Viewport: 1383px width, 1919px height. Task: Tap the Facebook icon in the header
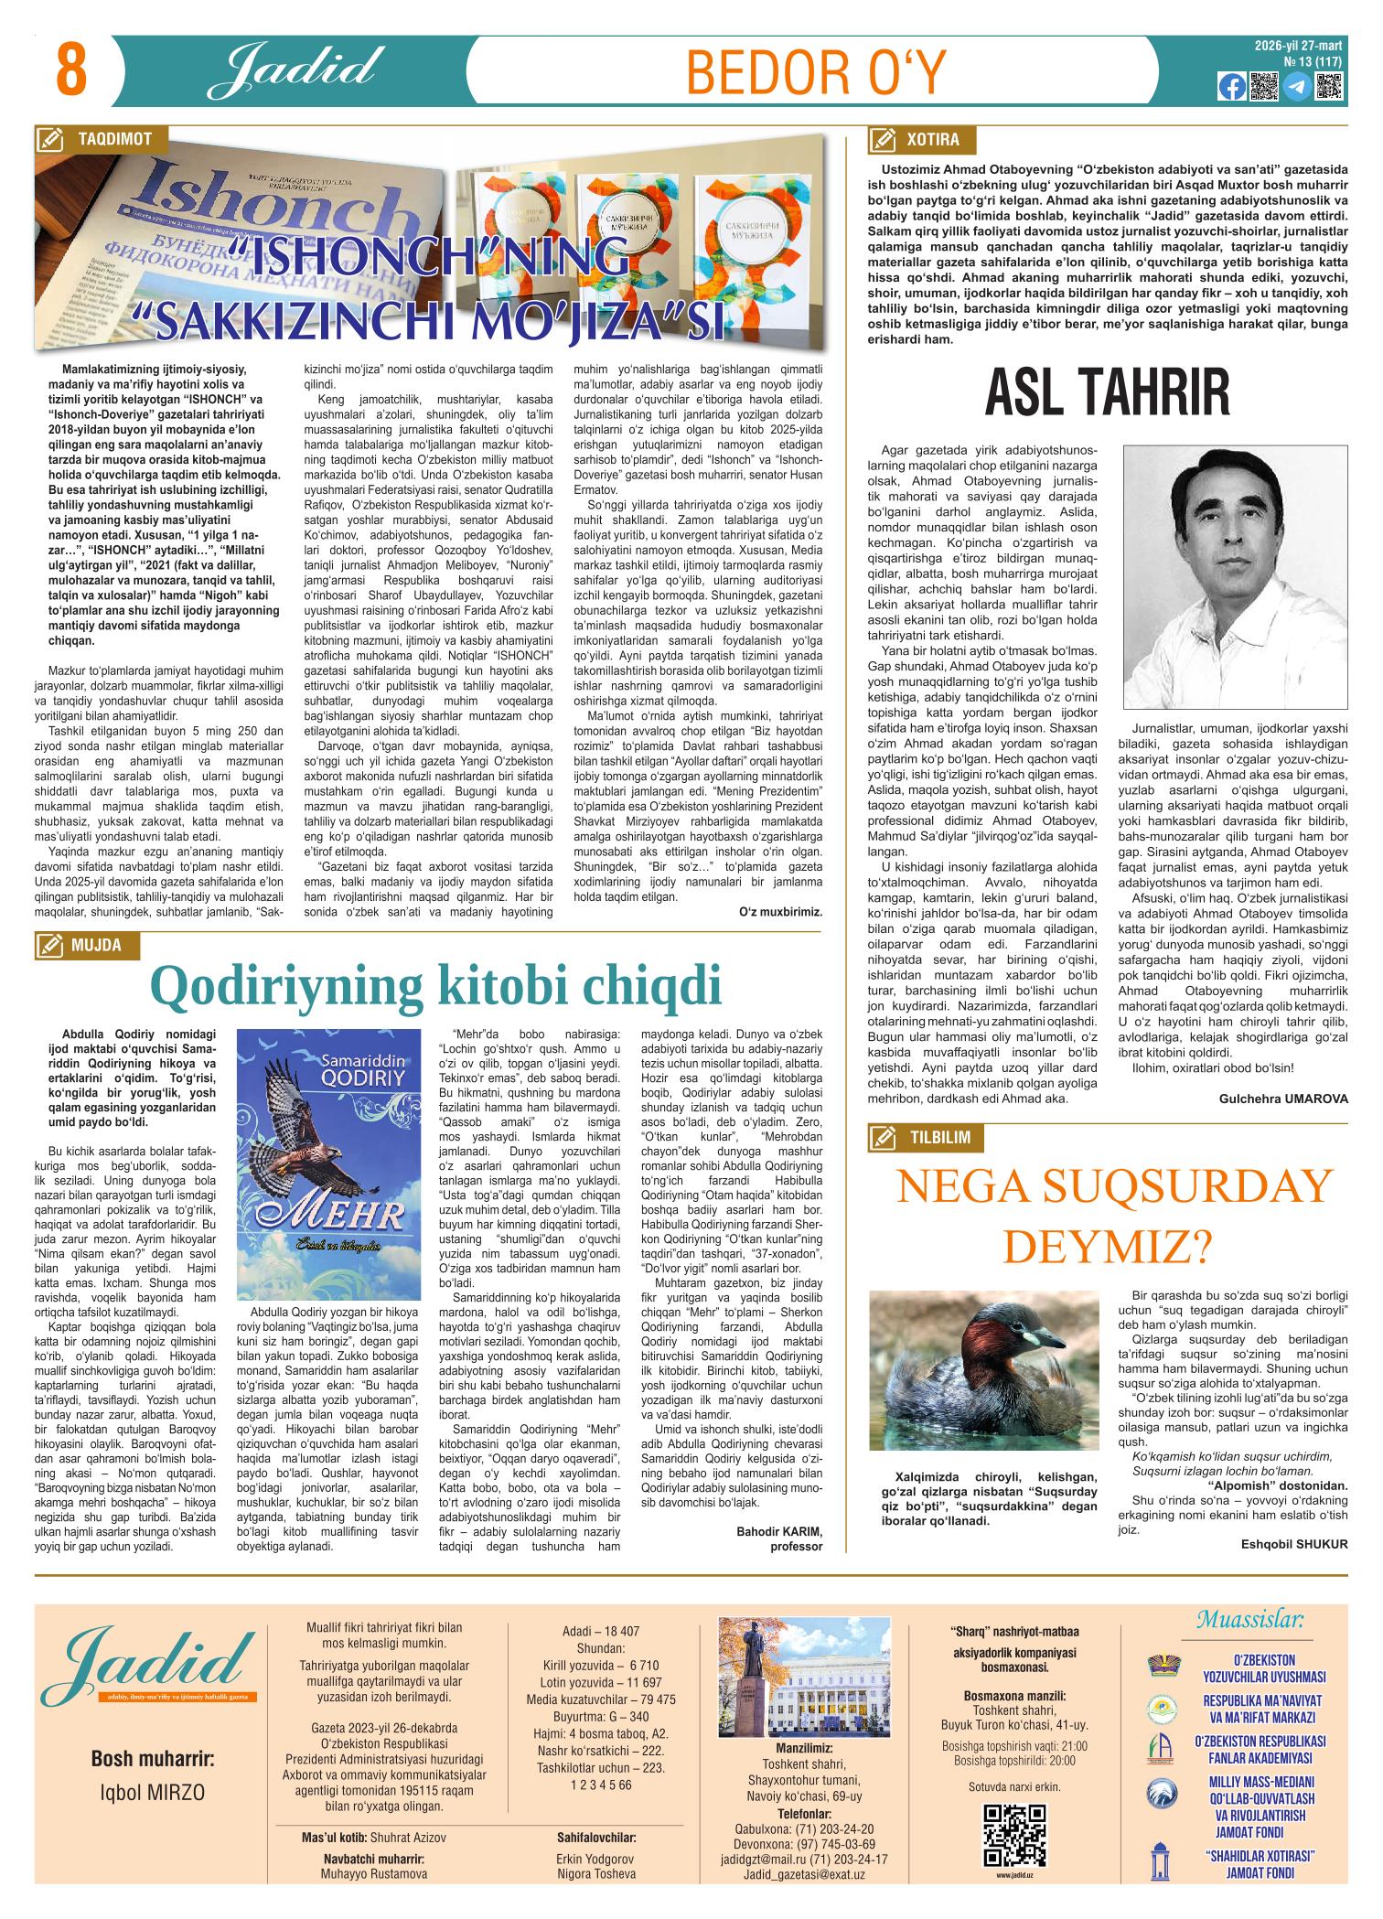1232,86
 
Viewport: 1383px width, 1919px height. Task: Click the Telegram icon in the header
1295,86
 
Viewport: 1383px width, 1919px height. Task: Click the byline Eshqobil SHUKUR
1294,1544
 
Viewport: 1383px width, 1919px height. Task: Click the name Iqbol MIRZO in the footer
153,1791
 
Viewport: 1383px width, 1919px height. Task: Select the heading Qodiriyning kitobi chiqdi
435,984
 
